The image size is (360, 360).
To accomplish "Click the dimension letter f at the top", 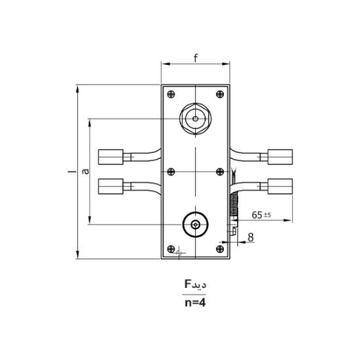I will (x=195, y=58).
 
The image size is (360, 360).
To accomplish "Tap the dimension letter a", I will (x=84, y=171).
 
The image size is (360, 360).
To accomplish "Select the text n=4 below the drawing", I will (x=194, y=303).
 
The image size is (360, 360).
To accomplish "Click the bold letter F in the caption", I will (x=187, y=284).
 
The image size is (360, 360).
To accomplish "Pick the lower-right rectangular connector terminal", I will (x=280, y=187).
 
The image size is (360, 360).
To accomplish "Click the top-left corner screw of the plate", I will (x=171, y=93).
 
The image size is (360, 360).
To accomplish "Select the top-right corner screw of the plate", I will (x=219, y=93).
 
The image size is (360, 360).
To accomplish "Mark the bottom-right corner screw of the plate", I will (x=219, y=249).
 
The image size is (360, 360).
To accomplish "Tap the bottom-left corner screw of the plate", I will (x=172, y=249).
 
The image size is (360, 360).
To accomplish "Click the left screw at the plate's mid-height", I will (x=171, y=171).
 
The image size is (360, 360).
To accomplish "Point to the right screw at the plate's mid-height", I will (x=219, y=171).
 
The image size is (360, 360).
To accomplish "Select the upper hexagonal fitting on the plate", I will (x=195, y=119).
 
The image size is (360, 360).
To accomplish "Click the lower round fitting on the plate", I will (x=195, y=225).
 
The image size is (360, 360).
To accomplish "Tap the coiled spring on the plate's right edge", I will (x=232, y=209).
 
